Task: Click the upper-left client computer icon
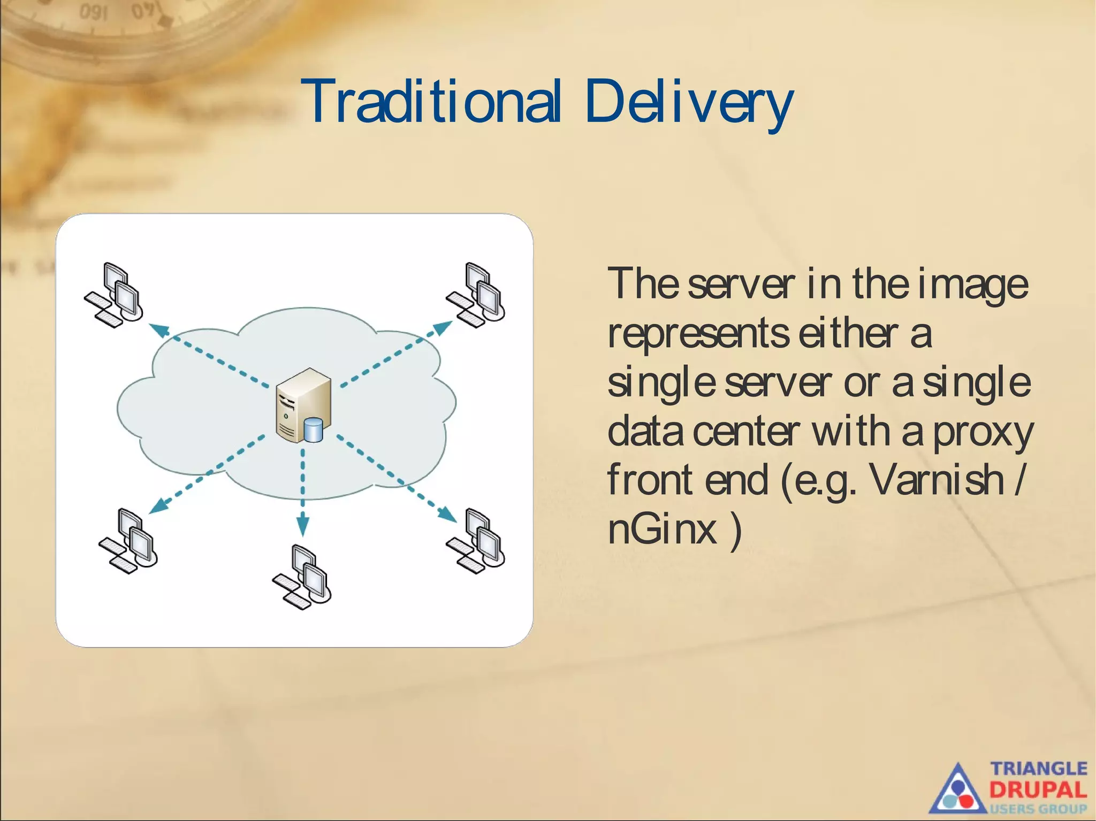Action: [x=114, y=295]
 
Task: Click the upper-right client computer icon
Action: [x=476, y=295]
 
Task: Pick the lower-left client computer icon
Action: [x=128, y=541]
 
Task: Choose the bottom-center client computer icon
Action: [x=302, y=577]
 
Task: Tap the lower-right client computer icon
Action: [x=476, y=541]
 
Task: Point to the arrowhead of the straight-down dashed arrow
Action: [x=302, y=526]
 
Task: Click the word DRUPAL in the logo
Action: [x=1038, y=789]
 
